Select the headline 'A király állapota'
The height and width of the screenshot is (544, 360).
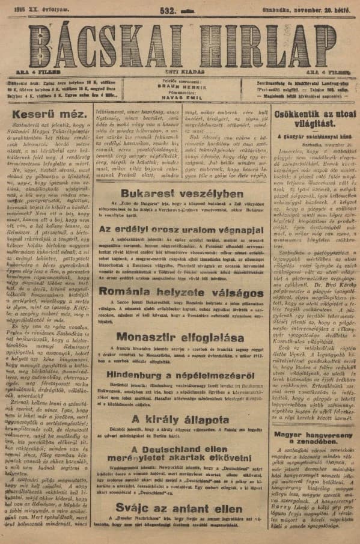pyautogui.click(x=181, y=419)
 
